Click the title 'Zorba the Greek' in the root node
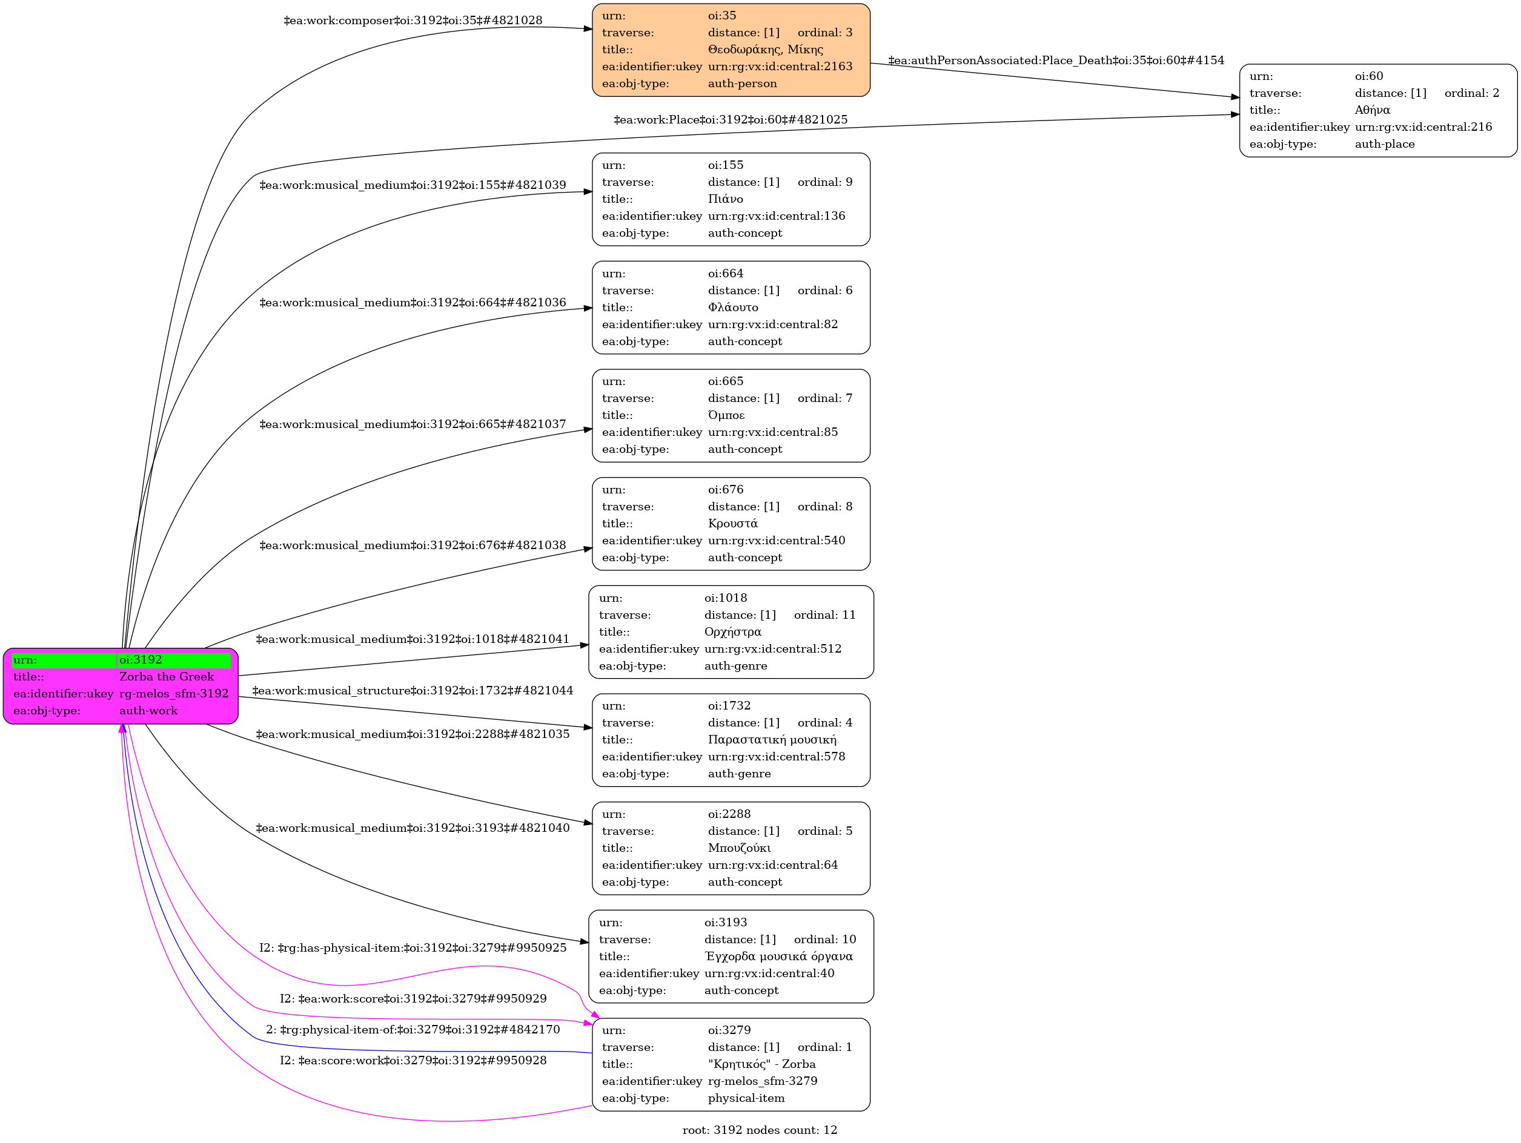click(167, 676)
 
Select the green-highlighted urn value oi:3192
click(141, 660)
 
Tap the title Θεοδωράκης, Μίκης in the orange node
click(765, 50)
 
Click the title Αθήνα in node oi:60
click(1372, 110)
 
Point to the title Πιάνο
click(726, 199)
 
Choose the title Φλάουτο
click(733, 307)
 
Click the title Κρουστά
click(733, 523)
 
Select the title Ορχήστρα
click(732, 631)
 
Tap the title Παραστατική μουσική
click(772, 740)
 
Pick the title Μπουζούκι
click(739, 848)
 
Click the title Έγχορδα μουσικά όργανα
click(778, 956)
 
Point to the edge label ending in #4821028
click(413, 21)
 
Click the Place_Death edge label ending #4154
click(1056, 61)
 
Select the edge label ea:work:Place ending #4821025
click(731, 120)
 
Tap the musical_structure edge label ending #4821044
click(413, 691)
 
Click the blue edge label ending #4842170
click(413, 1030)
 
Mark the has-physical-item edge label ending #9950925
click(413, 948)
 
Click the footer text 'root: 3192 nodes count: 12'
click(760, 1130)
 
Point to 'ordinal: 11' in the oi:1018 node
click(824, 614)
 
